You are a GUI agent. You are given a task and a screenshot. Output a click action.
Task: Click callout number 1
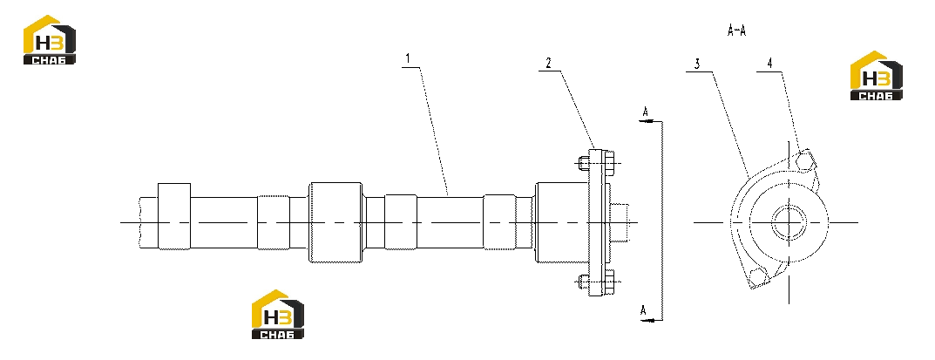pos(408,59)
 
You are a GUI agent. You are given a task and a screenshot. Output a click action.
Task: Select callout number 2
pos(549,62)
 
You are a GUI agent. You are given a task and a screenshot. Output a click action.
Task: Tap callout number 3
pos(697,65)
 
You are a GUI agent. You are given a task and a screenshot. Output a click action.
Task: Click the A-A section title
pos(737,31)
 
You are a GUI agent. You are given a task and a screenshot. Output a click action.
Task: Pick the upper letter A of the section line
pos(645,112)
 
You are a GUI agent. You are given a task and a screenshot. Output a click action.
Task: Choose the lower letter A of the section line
pos(644,310)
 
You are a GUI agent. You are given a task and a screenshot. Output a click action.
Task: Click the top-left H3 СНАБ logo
pos(50,40)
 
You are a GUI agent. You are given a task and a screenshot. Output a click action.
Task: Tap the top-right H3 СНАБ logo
pos(876,76)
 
